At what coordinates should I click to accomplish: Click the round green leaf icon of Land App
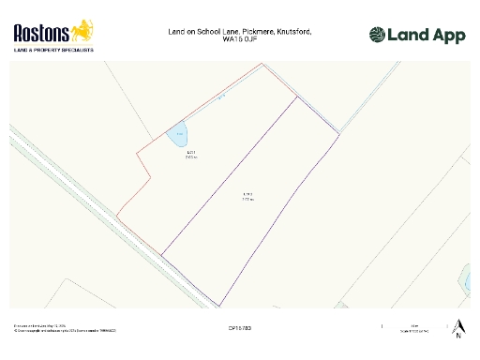(x=377, y=36)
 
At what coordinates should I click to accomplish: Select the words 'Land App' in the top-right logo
(x=426, y=36)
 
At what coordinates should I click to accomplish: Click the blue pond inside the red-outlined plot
(x=178, y=133)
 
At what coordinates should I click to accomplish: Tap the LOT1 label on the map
(x=190, y=154)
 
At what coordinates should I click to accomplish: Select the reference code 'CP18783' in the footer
(x=240, y=328)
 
